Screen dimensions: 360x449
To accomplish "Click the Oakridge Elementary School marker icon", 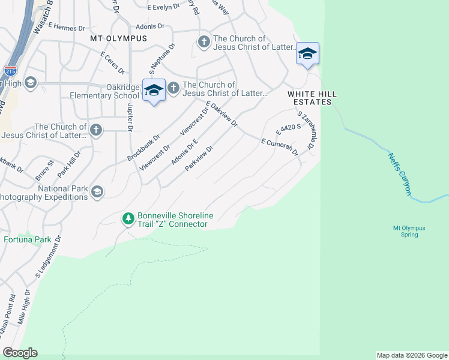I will tap(154, 90).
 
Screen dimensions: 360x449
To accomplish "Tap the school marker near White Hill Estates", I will tap(307, 54).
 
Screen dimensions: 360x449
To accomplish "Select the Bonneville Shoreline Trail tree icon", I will tap(128, 219).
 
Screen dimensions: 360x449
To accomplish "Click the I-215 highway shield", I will tap(10, 71).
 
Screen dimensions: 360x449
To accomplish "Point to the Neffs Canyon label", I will tap(399, 174).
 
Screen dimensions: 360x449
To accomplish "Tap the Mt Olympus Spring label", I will tap(409, 232).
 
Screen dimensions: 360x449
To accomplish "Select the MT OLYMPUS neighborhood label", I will tap(118, 38).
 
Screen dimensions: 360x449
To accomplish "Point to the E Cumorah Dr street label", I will tap(280, 148).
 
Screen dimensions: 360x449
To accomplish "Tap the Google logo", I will tap(20, 353).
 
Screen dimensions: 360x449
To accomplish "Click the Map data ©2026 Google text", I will tap(411, 355).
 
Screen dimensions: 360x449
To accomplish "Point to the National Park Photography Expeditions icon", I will tap(96, 191).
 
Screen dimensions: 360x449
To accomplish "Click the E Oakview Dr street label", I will tap(222, 115).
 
